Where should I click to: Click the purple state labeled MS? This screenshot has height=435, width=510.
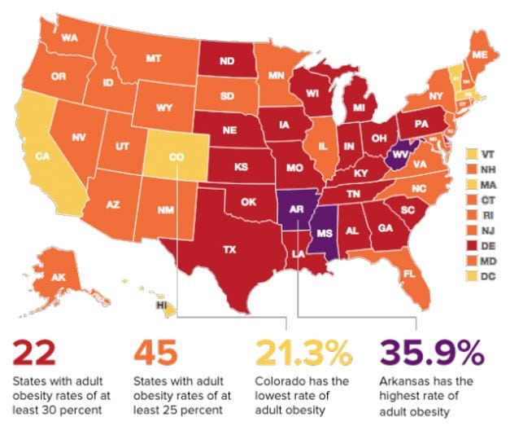coord(324,231)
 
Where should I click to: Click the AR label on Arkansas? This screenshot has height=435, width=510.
coord(297,210)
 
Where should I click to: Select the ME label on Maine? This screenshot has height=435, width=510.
coord(480,54)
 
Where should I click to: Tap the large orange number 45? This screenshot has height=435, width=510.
coord(157,354)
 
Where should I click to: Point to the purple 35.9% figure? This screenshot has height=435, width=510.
coord(431,354)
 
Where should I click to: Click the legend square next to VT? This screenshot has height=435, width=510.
coord(471,153)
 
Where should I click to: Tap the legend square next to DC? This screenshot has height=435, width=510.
coord(471,277)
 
